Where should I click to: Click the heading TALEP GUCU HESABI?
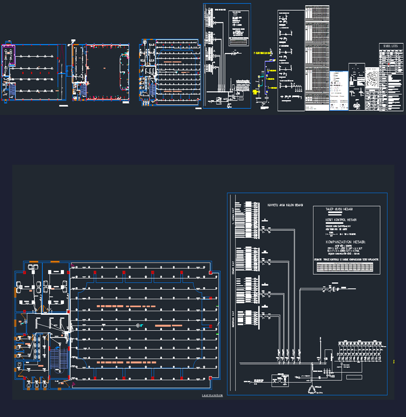(x=340, y=209)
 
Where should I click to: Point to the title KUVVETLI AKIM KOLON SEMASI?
(x=285, y=205)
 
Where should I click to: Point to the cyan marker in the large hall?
(x=142, y=324)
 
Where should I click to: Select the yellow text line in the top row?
(x=262, y=53)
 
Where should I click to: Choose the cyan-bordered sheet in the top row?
(x=227, y=56)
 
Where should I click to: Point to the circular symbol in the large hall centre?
(x=137, y=324)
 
